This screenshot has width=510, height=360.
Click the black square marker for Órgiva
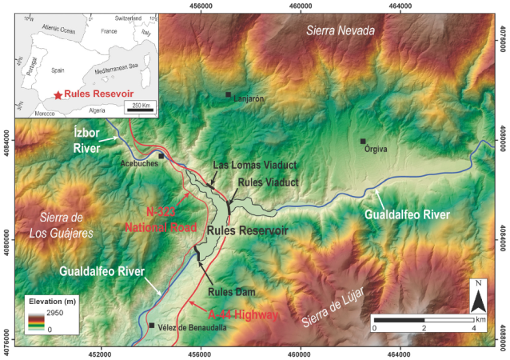coord(363,142)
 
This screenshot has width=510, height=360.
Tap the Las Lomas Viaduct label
coord(254,165)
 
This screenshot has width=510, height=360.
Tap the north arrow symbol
coord(477,298)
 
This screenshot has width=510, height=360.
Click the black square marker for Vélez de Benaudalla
coord(151,326)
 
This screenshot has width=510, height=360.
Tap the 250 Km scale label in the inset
coord(141,106)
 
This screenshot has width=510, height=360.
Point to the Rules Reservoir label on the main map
coord(247,230)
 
